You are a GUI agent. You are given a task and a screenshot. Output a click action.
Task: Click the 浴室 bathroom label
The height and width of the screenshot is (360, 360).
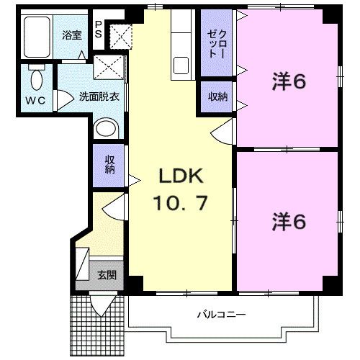(71, 35)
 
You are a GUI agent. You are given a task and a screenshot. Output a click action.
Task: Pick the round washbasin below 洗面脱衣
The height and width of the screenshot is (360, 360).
(106, 130)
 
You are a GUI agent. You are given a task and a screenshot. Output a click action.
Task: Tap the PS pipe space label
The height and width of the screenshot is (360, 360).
(99, 29)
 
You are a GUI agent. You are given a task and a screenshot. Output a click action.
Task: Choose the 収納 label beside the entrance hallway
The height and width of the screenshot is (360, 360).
(109, 166)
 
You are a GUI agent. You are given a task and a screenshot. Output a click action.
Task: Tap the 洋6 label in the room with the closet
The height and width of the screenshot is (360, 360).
(289, 82)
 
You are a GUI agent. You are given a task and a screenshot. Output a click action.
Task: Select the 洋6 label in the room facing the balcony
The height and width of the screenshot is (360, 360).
(289, 221)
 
